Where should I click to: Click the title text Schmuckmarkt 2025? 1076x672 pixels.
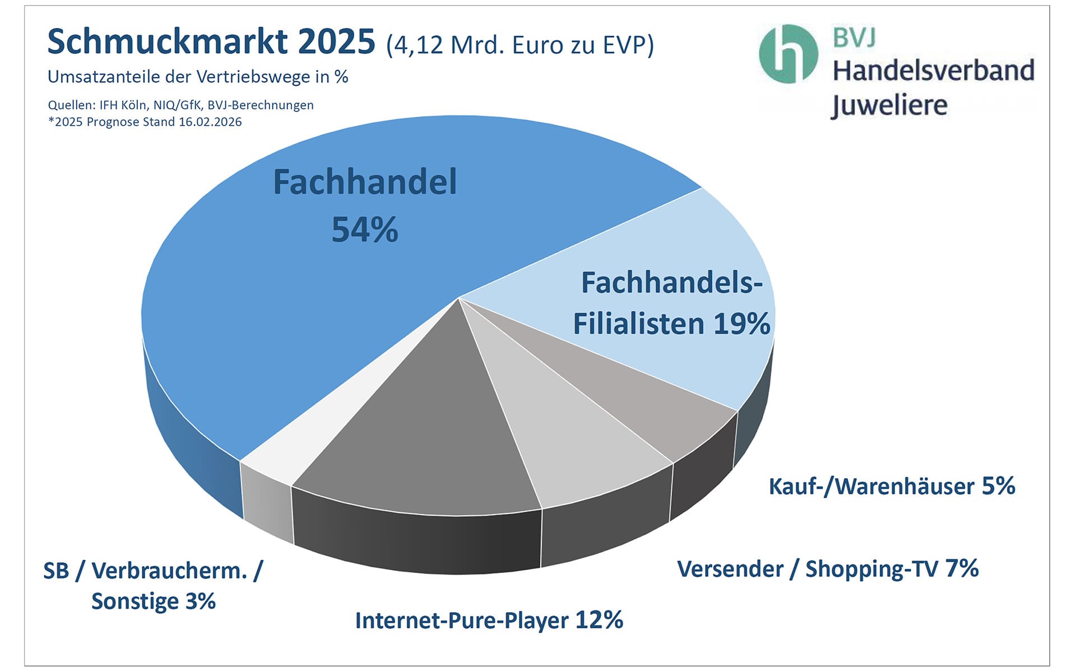pos(211,42)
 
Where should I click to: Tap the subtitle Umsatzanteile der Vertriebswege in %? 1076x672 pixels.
pos(198,77)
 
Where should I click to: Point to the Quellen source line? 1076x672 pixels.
pos(180,105)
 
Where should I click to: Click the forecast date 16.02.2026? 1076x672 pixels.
pos(210,122)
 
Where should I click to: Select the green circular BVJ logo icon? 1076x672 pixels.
pos(788,54)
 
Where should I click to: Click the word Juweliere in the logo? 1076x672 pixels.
pos(889,105)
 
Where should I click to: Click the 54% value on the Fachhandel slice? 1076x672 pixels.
pos(365,230)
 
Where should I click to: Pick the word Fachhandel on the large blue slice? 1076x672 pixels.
pos(365,182)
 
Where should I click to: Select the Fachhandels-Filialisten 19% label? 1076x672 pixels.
pos(671,303)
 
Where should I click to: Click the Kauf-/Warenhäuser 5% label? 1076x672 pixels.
pos(892,486)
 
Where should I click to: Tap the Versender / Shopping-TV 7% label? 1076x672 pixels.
pos(828,568)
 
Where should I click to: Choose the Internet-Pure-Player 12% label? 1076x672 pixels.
pos(489,620)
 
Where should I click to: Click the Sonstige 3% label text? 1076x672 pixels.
pos(153,601)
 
